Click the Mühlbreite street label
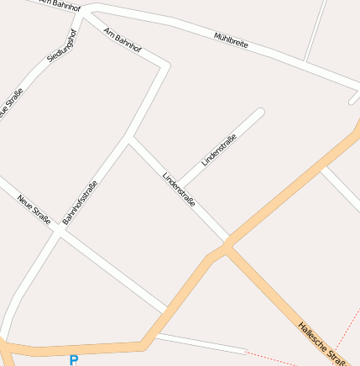(x=231, y=40)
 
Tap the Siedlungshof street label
(x=63, y=45)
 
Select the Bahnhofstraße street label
(x=81, y=201)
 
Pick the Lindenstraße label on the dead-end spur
(x=218, y=149)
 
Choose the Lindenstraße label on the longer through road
(x=179, y=189)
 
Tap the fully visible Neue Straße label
(x=34, y=209)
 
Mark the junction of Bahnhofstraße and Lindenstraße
(x=128, y=139)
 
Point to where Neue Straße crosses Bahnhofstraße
(x=60, y=233)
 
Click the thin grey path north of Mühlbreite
(x=315, y=29)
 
